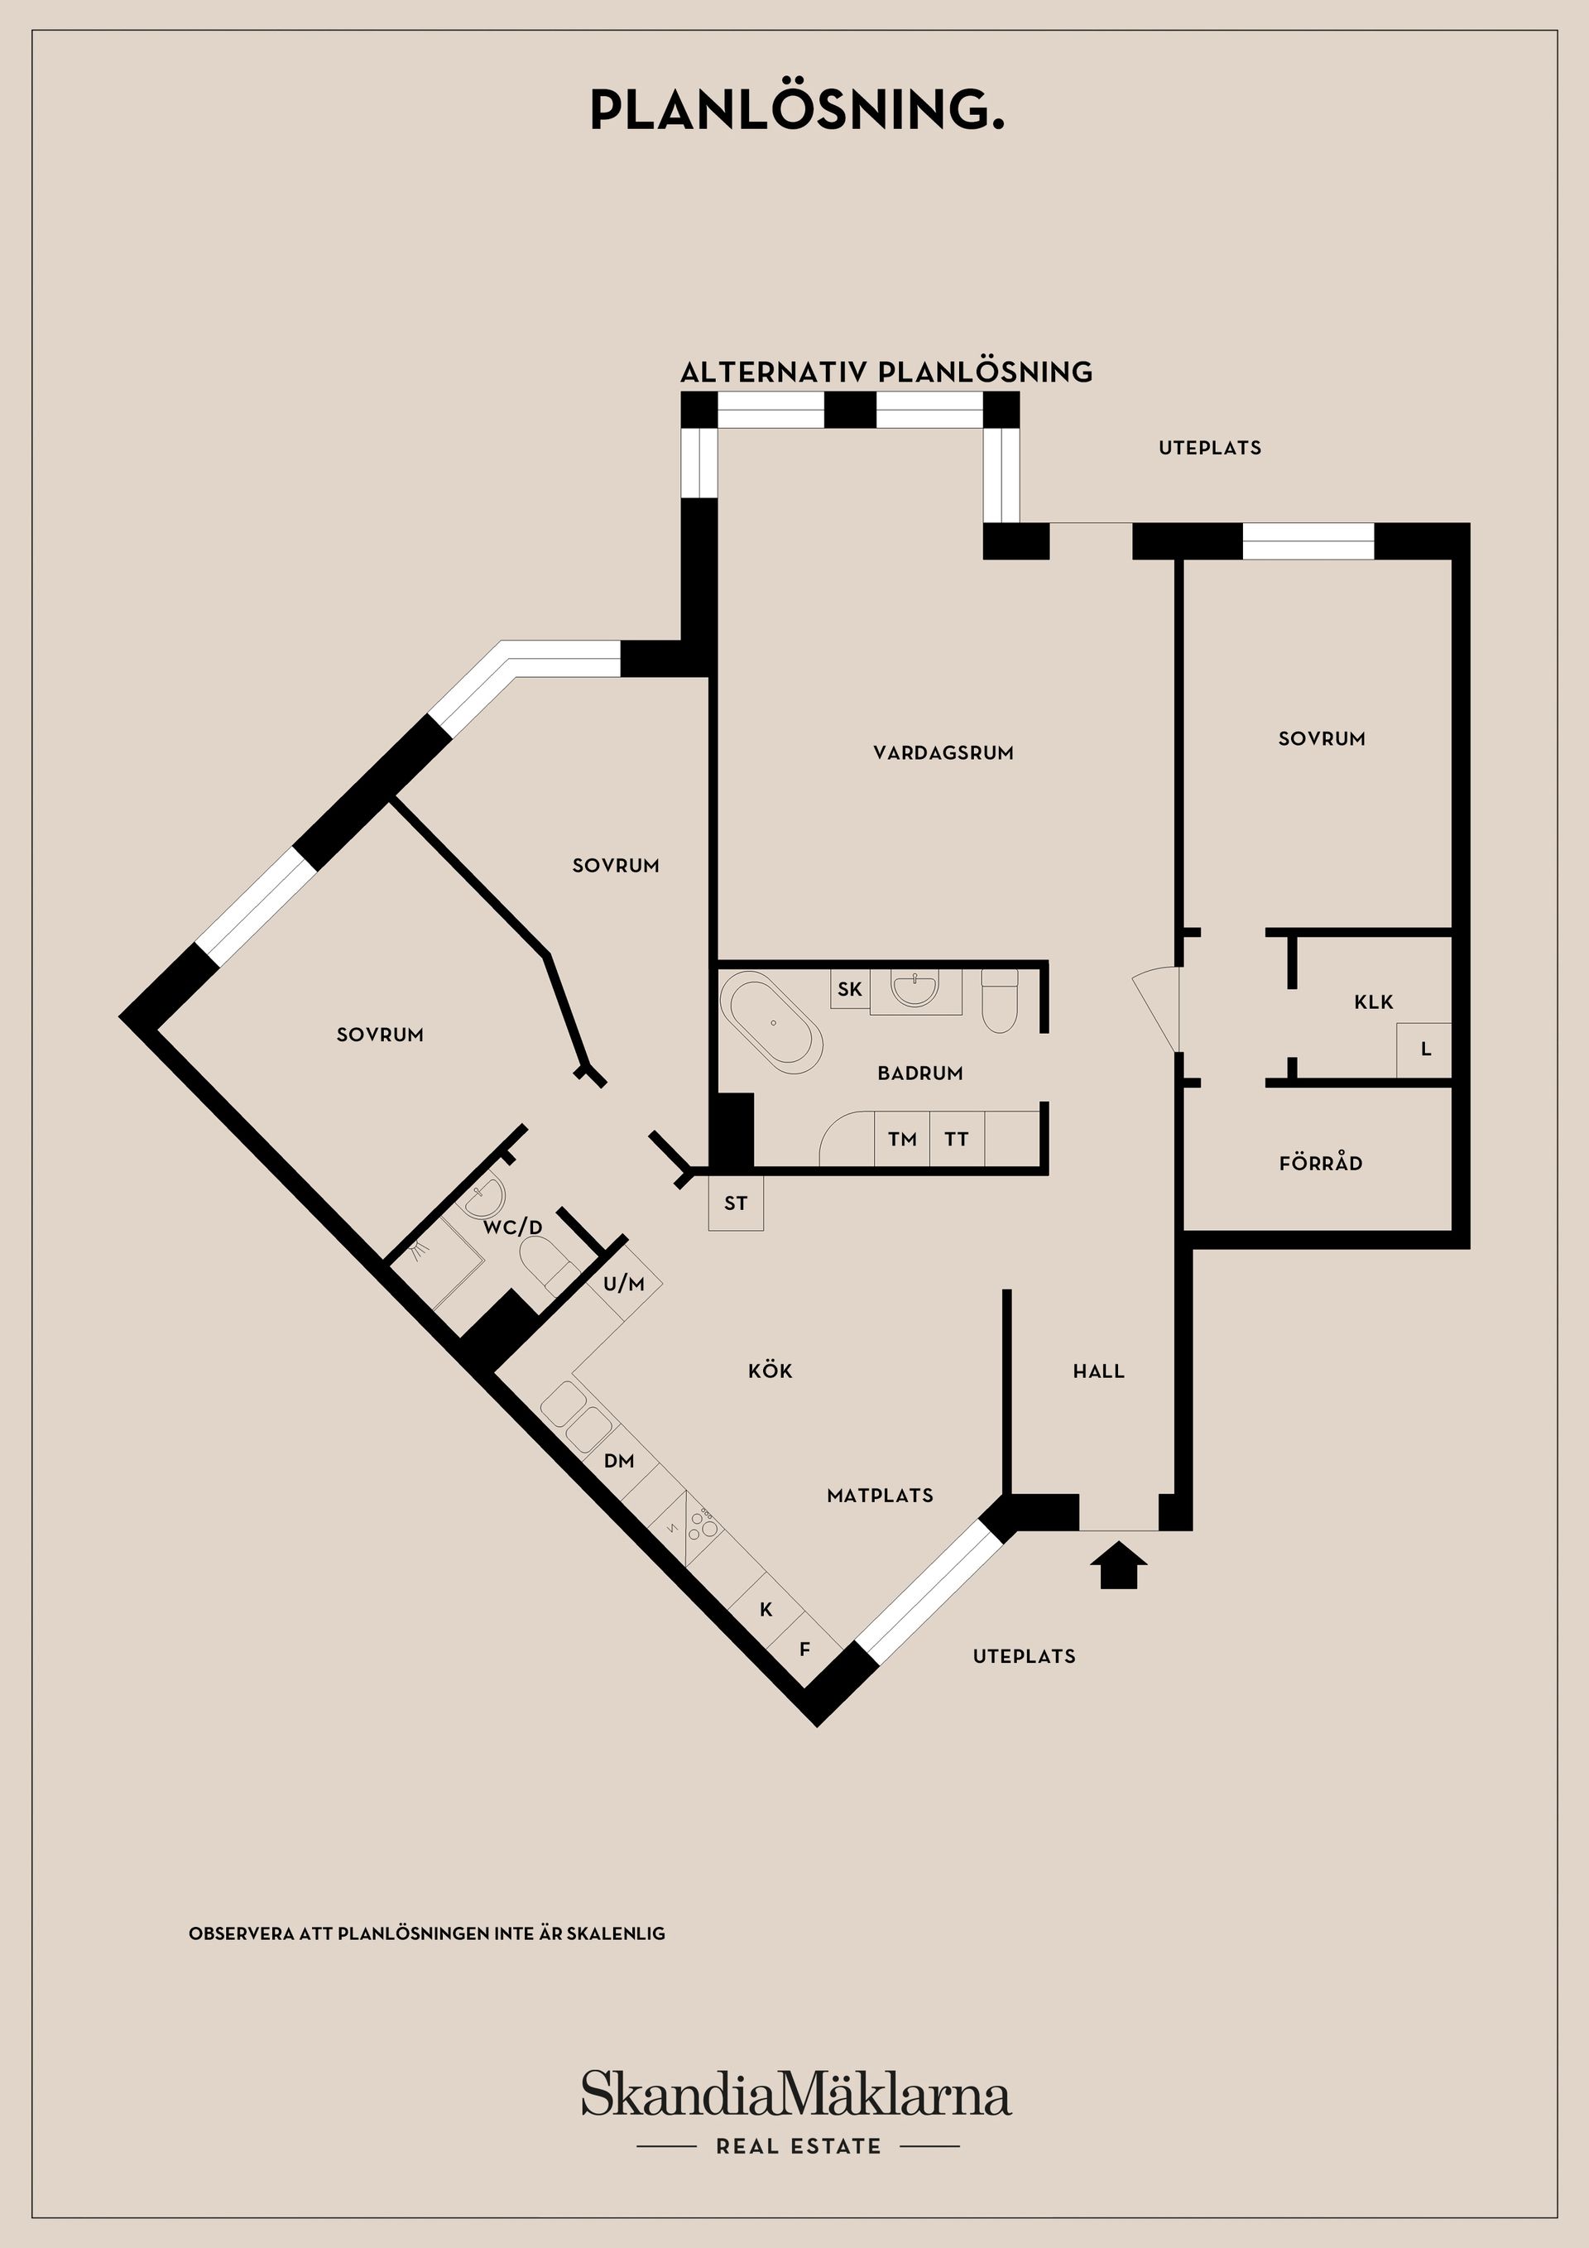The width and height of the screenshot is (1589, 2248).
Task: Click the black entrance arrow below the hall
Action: (x=1118, y=1564)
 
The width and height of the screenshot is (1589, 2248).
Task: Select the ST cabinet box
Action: (x=735, y=1203)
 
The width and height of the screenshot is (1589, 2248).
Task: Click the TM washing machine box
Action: (x=902, y=1139)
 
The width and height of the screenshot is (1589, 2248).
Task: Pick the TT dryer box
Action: (x=957, y=1139)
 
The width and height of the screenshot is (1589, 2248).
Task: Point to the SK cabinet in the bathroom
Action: (x=850, y=989)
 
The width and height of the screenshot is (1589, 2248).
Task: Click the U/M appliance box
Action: (x=625, y=1284)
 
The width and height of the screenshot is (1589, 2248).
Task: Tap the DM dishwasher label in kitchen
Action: (x=619, y=1461)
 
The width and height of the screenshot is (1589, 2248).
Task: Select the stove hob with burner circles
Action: (x=702, y=1520)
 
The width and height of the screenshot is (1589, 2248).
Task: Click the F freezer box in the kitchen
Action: (x=804, y=1649)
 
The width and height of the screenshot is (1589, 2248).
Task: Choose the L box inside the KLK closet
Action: (x=1424, y=1050)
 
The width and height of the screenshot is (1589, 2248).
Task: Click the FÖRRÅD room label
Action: (x=1320, y=1163)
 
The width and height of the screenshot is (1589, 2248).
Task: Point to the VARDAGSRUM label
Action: (x=943, y=753)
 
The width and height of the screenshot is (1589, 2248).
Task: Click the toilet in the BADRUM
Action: (x=1000, y=1001)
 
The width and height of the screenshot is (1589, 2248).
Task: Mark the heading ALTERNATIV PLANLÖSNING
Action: (x=886, y=372)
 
